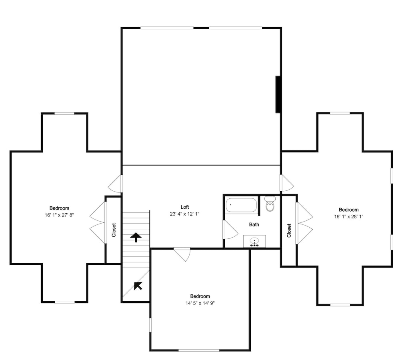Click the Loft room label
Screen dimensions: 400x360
pyautogui.click(x=185, y=207)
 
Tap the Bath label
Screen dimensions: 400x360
pyautogui.click(x=254, y=224)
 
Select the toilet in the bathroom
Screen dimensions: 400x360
pyautogui.click(x=270, y=203)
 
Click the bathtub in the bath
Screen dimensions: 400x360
pyautogui.click(x=241, y=205)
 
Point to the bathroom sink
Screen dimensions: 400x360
pyautogui.click(x=254, y=241)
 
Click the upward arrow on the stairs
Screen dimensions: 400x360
pyautogui.click(x=136, y=237)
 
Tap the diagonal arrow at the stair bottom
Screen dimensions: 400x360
pyautogui.click(x=138, y=286)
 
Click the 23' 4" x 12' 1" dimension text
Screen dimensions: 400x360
pyautogui.click(x=185, y=214)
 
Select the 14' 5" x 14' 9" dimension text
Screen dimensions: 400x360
pyautogui.click(x=200, y=303)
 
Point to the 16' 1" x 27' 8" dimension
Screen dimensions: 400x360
pyautogui.click(x=59, y=215)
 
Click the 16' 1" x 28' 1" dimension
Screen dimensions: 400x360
pyautogui.click(x=349, y=217)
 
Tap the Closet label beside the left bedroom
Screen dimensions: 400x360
pyautogui.click(x=114, y=230)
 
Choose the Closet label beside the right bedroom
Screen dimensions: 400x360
pyautogui.click(x=289, y=231)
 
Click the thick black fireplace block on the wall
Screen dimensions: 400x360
pyautogui.click(x=278, y=94)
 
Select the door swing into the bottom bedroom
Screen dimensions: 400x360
pyautogui.click(x=182, y=254)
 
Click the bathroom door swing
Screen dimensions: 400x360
pyautogui.click(x=230, y=230)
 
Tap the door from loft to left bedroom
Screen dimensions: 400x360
pyautogui.click(x=115, y=184)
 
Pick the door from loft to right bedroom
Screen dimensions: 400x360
pyautogui.click(x=287, y=183)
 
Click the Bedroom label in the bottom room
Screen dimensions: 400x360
pyautogui.click(x=200, y=296)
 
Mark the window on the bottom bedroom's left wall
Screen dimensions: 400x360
pyautogui.click(x=150, y=325)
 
